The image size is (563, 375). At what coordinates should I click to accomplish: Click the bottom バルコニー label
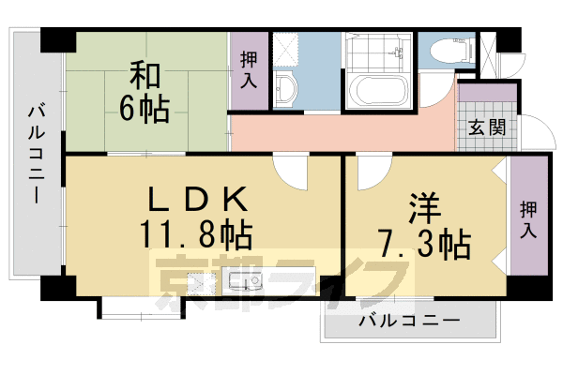(409, 321)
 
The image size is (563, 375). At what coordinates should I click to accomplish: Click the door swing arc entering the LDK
(292, 170)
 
